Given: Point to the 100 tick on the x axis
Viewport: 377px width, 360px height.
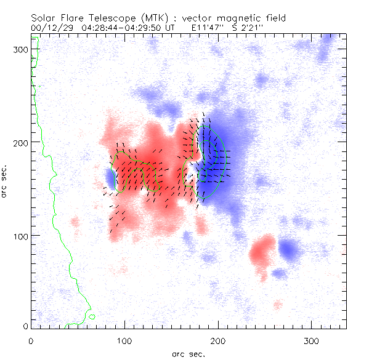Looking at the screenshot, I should [125, 340].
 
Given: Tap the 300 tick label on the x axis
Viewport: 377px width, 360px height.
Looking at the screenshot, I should [312, 340].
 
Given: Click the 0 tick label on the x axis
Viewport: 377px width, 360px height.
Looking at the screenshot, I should [31, 340].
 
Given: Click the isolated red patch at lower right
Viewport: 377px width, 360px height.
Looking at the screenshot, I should [263, 248].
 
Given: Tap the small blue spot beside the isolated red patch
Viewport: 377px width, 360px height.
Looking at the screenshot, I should [288, 249].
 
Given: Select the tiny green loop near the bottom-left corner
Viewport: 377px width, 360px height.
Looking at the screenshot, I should [91, 317].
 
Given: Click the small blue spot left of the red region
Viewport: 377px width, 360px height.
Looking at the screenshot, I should [111, 178].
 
